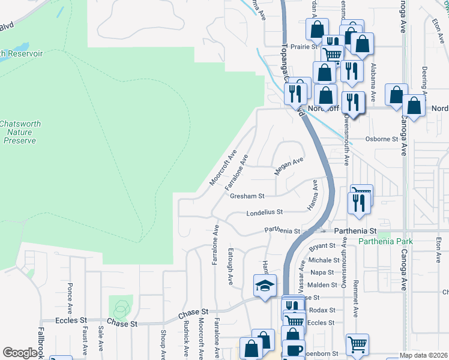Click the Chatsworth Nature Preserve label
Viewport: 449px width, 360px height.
(20, 132)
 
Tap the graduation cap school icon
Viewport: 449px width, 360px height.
(264, 286)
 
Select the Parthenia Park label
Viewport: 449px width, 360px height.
(385, 241)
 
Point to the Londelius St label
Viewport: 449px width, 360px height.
(264, 212)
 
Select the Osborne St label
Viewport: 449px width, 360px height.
(382, 139)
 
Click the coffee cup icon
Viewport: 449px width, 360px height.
(294, 350)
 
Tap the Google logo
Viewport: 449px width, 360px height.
(20, 353)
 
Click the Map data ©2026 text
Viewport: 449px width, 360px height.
(424, 355)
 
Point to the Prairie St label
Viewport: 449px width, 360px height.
(304, 46)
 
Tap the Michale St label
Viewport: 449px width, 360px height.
(324, 260)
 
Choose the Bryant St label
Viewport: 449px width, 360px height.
(322, 247)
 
